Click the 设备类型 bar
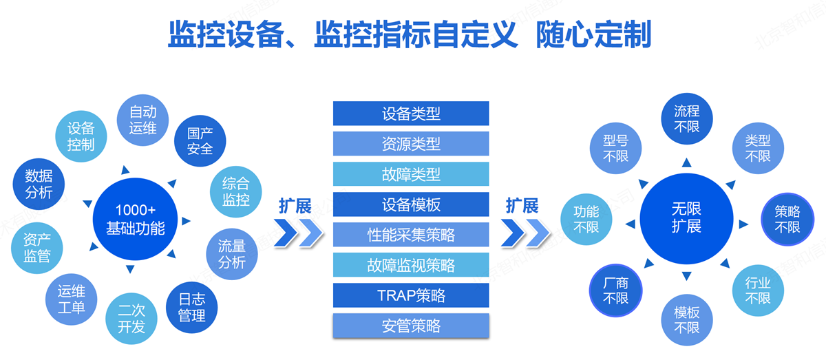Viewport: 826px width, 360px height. pyautogui.click(x=411, y=114)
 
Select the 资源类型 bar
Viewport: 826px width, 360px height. pyautogui.click(x=411, y=144)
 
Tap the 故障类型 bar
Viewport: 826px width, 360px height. pyautogui.click(x=411, y=174)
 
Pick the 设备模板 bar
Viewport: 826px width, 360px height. pyautogui.click(x=411, y=204)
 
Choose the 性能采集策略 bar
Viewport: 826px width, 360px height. pyautogui.click(x=411, y=235)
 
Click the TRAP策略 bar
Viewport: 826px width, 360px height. pyautogui.click(x=411, y=295)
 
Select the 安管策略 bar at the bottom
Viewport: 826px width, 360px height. pyautogui.click(x=411, y=326)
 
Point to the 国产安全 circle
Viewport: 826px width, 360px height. pyautogui.click(x=200, y=140)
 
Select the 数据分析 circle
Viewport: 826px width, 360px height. pyautogui.click(x=39, y=184)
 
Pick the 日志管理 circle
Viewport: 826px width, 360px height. pyautogui.click(x=191, y=308)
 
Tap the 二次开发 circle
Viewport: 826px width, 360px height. pyautogui.click(x=131, y=320)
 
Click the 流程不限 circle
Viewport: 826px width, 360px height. pyautogui.click(x=686, y=118)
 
